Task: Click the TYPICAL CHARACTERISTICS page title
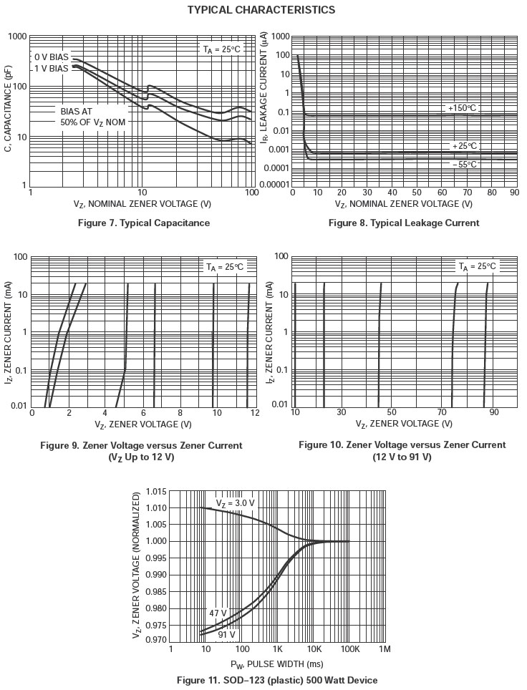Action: pyautogui.click(x=261, y=10)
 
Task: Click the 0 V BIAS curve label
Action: pyautogui.click(x=52, y=57)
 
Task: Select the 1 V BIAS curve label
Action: pyautogui.click(x=52, y=69)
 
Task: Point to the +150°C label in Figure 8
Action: pyautogui.click(x=462, y=108)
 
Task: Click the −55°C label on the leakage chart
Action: pyautogui.click(x=464, y=165)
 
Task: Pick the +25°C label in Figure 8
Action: pyautogui.click(x=464, y=146)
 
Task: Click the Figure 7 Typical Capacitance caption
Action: pyautogui.click(x=144, y=223)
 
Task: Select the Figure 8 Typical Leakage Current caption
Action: pyautogui.click(x=404, y=223)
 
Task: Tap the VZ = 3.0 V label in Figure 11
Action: pyautogui.click(x=236, y=503)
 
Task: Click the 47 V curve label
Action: pyautogui.click(x=218, y=613)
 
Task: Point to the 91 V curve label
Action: pyautogui.click(x=226, y=635)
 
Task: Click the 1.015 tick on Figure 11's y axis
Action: pyautogui.click(x=156, y=492)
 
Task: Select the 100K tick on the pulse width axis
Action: pyautogui.click(x=349, y=649)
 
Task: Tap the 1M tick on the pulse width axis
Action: pyautogui.click(x=385, y=649)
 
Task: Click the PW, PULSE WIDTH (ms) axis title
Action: pyautogui.click(x=276, y=664)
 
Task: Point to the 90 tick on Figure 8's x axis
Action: pyautogui.click(x=513, y=193)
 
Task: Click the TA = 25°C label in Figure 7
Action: pyautogui.click(x=221, y=49)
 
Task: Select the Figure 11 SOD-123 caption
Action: pyautogui.click(x=277, y=680)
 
